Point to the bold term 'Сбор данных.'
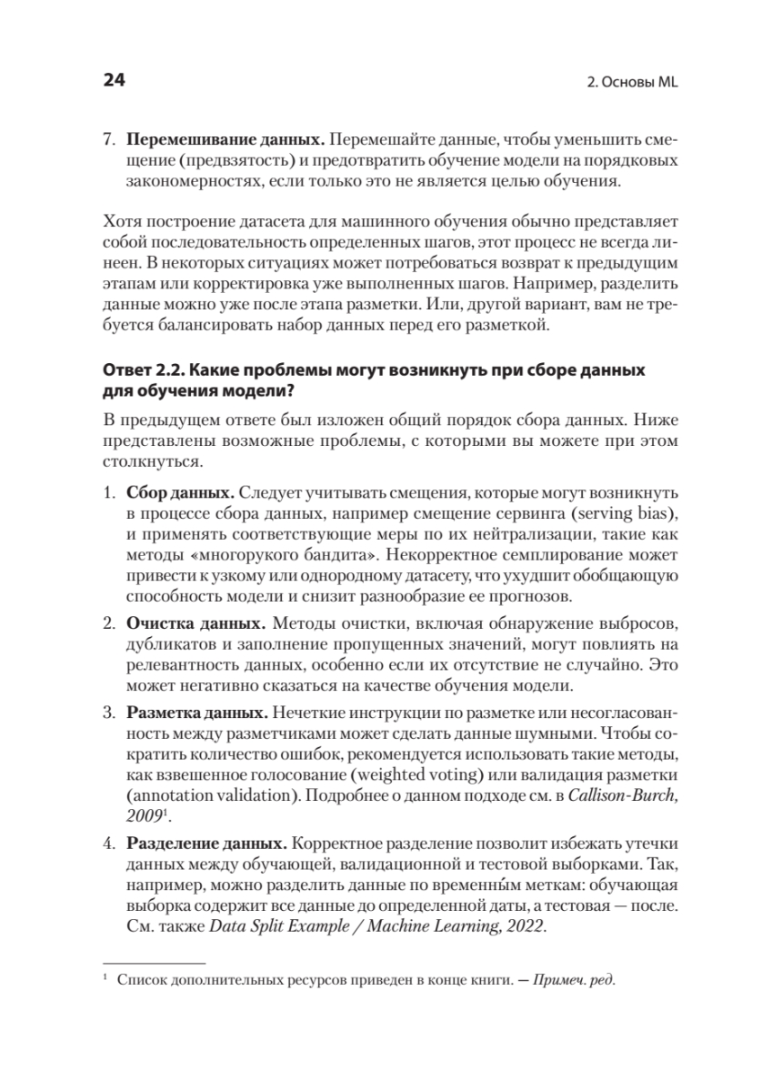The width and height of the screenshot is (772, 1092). (182, 492)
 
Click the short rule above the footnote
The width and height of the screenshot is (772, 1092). (154, 962)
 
